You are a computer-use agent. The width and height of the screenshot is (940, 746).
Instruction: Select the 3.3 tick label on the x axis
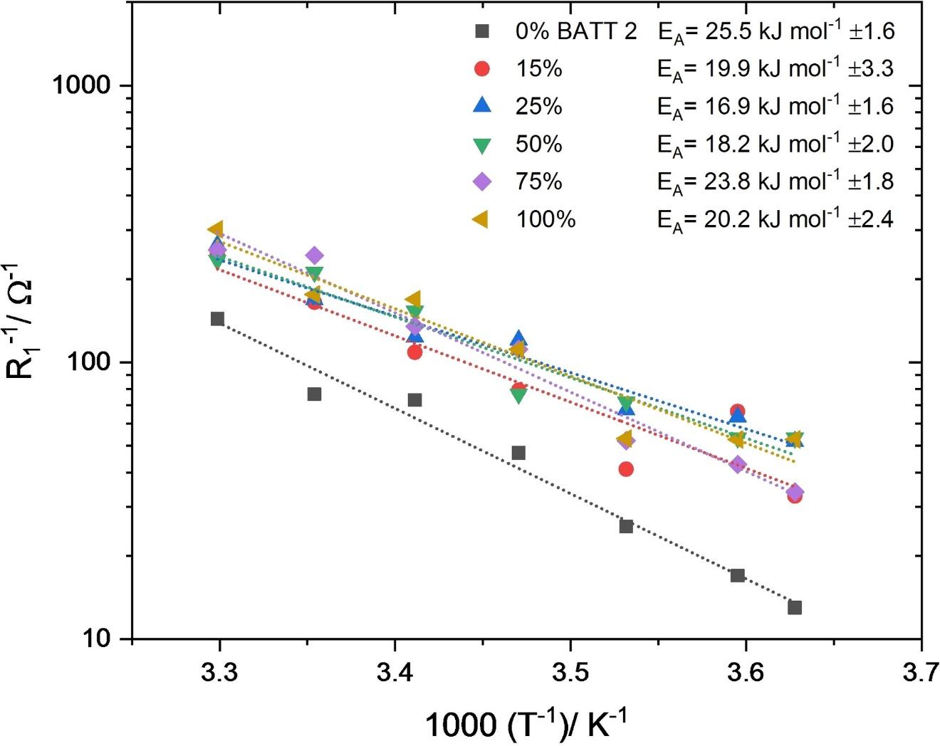pos(219,672)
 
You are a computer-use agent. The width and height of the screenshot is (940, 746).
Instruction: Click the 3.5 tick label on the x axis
pos(570,672)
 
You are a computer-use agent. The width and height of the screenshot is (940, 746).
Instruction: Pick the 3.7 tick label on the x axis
pos(921,672)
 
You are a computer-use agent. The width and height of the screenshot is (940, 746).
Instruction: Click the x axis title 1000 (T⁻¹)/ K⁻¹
pos(526,725)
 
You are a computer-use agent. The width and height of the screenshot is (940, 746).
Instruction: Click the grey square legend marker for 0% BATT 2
pos(482,31)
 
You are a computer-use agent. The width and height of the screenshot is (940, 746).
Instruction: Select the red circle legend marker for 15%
pos(482,68)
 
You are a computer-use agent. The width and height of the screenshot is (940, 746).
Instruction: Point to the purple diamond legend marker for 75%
pos(482,182)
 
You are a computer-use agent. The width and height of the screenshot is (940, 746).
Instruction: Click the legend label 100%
pos(545,219)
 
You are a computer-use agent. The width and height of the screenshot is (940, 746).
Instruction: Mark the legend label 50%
pos(539,144)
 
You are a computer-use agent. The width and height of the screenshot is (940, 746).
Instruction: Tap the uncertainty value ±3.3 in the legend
pos(871,69)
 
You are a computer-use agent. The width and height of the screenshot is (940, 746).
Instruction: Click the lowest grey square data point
pos(795,607)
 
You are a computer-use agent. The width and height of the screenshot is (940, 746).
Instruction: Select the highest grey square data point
pos(217,318)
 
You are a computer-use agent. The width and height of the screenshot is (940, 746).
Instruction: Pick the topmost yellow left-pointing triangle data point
pos(216,228)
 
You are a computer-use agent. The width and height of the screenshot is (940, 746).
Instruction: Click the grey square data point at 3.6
pos(737,575)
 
